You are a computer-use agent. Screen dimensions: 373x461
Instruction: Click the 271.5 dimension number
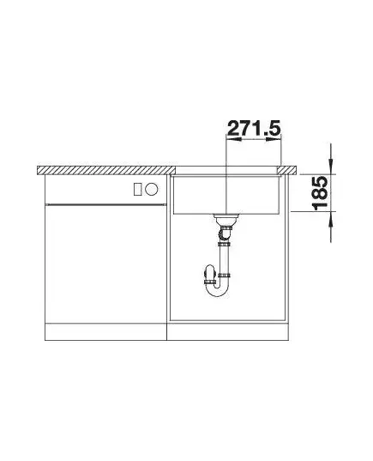pyautogui.click(x=254, y=128)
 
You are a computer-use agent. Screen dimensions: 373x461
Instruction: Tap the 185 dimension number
pyautogui.click(x=320, y=193)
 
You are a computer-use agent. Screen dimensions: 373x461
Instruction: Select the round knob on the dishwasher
pyautogui.click(x=152, y=189)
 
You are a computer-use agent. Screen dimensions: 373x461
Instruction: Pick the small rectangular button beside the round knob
pyautogui.click(x=138, y=189)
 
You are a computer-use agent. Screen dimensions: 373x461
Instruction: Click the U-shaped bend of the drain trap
pyautogui.click(x=217, y=289)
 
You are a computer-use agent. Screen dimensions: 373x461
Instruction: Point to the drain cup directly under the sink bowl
pyautogui.click(x=226, y=219)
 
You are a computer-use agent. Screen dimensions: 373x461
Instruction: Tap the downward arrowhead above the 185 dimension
pyautogui.click(x=331, y=165)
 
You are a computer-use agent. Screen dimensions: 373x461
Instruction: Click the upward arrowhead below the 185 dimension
pyautogui.click(x=331, y=220)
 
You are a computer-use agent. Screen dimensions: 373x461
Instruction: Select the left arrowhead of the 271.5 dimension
pyautogui.click(x=234, y=139)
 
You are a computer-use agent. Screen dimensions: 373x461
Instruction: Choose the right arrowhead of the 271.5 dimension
pyautogui.click(x=274, y=139)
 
